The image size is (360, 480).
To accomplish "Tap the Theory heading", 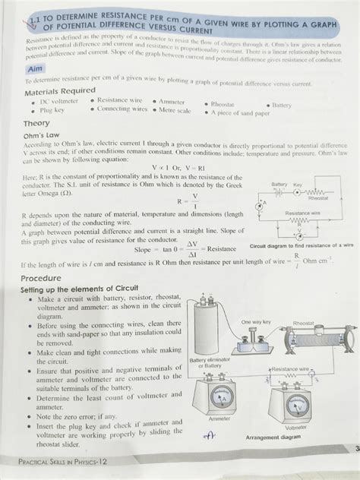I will [x=36, y=122].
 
